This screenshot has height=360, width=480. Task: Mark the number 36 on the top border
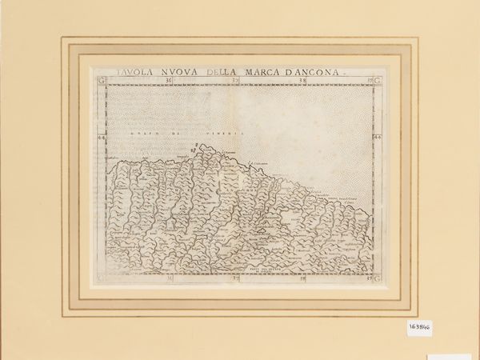pyautogui.click(x=167, y=80)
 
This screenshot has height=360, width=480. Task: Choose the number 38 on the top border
pyautogui.click(x=302, y=80)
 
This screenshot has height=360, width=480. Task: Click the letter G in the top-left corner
pyautogui.click(x=100, y=81)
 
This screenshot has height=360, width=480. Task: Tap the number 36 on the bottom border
pyautogui.click(x=169, y=278)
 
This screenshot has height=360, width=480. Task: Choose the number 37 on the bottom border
pyautogui.click(x=235, y=278)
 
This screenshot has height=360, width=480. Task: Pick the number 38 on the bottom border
pyautogui.click(x=302, y=278)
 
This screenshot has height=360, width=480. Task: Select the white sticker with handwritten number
pyautogui.click(x=418, y=327)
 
